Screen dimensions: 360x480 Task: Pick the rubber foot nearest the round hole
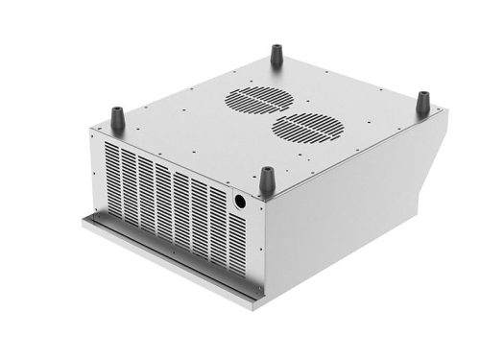[267, 180]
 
